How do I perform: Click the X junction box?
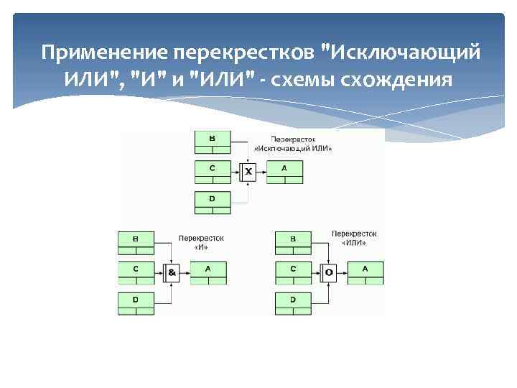click(x=248, y=171)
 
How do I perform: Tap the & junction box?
click(x=172, y=272)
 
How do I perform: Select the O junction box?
click(x=329, y=272)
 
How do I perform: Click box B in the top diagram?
click(x=212, y=142)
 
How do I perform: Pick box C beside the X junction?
click(x=212, y=171)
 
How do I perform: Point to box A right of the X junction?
click(x=284, y=171)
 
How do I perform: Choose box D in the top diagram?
click(x=212, y=201)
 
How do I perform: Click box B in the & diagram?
click(x=136, y=243)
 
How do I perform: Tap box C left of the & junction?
click(x=136, y=272)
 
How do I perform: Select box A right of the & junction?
click(x=208, y=272)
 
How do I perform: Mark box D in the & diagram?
click(x=136, y=302)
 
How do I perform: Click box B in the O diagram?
click(x=293, y=243)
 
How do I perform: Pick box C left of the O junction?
click(x=293, y=272)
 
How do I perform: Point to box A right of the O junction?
click(x=365, y=272)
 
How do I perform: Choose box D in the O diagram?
click(x=293, y=302)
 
